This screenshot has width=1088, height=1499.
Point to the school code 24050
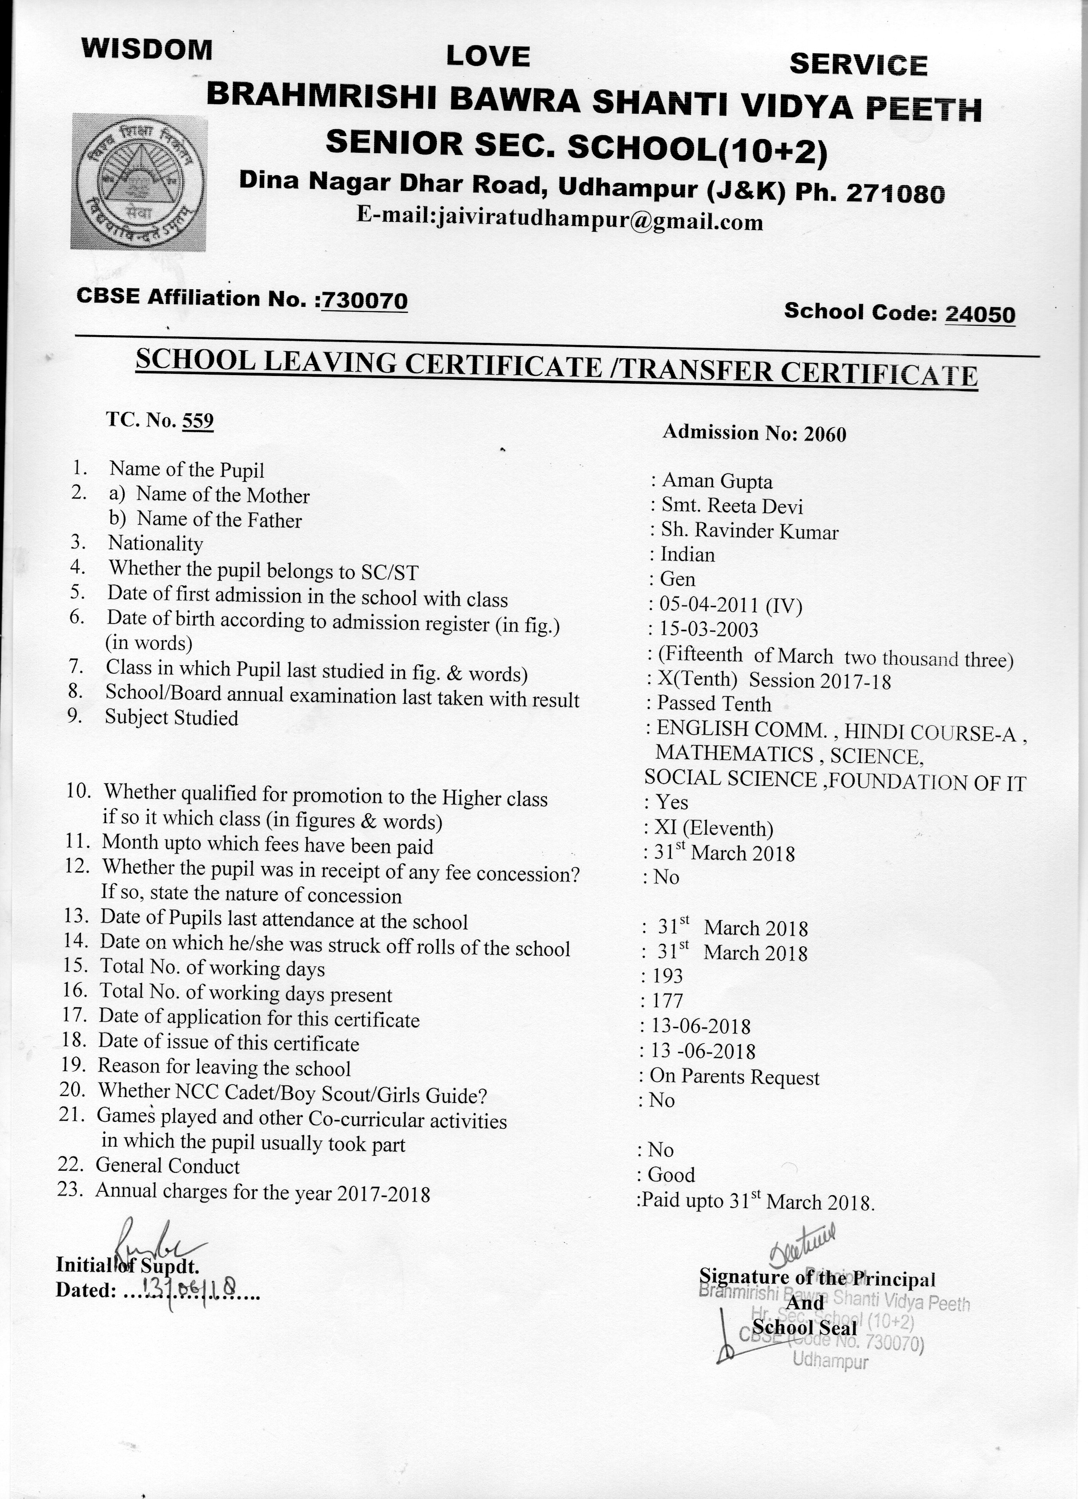[x=979, y=314]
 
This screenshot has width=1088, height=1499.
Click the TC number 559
[x=198, y=421]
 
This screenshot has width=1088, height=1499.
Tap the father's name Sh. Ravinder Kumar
[x=750, y=531]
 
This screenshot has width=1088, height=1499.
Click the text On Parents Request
[x=734, y=1077]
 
